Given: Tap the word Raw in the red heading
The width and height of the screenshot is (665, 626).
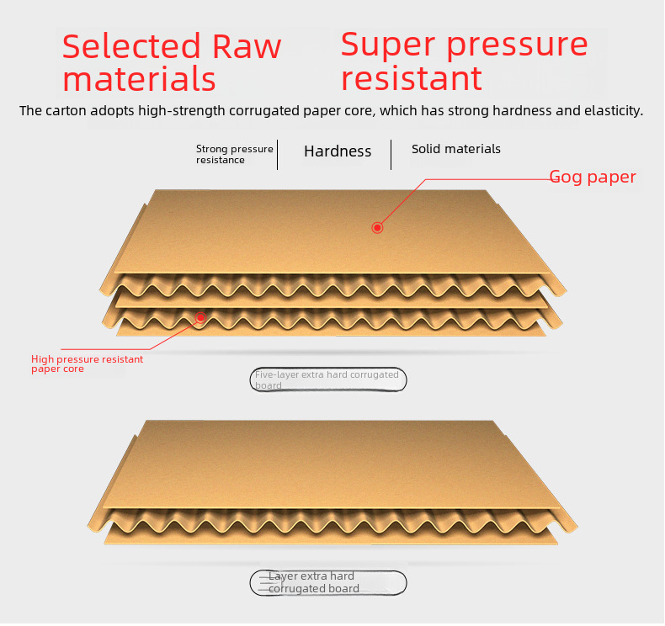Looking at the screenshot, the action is [247, 46].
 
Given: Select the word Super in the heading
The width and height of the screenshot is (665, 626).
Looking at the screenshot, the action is [389, 45].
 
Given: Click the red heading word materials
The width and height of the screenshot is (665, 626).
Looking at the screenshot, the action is [139, 79].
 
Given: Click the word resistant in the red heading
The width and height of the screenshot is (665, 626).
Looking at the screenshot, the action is [412, 78].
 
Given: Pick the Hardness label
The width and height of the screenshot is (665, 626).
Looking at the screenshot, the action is [338, 151].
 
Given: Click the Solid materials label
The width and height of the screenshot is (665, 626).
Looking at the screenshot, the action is [456, 149].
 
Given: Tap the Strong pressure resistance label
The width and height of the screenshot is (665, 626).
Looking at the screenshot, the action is [234, 154].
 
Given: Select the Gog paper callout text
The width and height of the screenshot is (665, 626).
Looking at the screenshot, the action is [593, 178].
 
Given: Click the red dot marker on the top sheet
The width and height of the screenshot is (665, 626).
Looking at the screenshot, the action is [378, 227].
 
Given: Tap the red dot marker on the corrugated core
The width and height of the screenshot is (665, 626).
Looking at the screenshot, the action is [200, 317].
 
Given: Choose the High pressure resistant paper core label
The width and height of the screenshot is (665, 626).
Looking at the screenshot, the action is [87, 363].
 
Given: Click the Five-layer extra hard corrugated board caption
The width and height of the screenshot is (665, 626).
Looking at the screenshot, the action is [327, 379].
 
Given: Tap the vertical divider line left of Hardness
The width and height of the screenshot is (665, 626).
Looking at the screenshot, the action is [278, 154].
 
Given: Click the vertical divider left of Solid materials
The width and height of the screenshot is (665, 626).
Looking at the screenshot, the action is [391, 154].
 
